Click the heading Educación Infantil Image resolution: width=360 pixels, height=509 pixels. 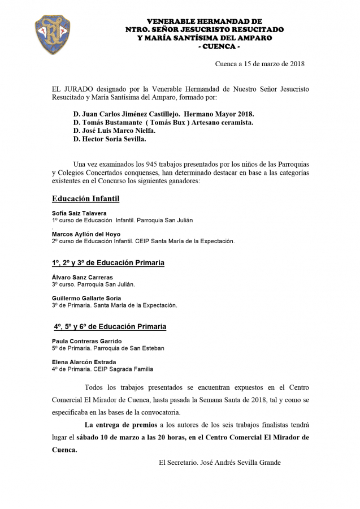click(85, 199)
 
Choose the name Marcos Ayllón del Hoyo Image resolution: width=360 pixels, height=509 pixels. click(86, 234)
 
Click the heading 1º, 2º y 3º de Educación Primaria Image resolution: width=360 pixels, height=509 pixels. click(108, 263)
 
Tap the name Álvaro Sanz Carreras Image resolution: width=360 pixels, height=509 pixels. click(83, 278)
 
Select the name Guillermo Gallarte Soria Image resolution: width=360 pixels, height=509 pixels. click(86, 298)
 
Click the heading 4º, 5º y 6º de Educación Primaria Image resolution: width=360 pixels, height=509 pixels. click(110, 327)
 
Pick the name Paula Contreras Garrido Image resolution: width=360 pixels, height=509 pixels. click(86, 342)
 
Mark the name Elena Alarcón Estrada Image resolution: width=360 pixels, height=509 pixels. click(84, 362)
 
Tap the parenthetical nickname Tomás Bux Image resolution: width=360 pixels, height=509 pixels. click(169, 122)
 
